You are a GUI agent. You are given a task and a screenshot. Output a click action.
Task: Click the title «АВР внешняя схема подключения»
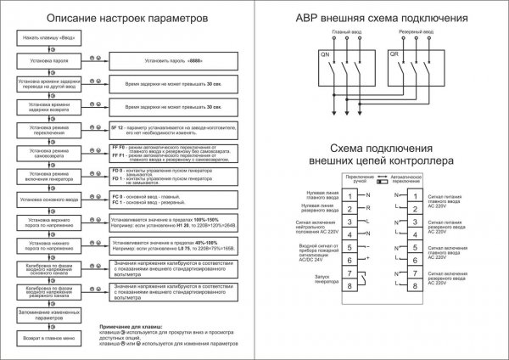(x=381, y=18)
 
